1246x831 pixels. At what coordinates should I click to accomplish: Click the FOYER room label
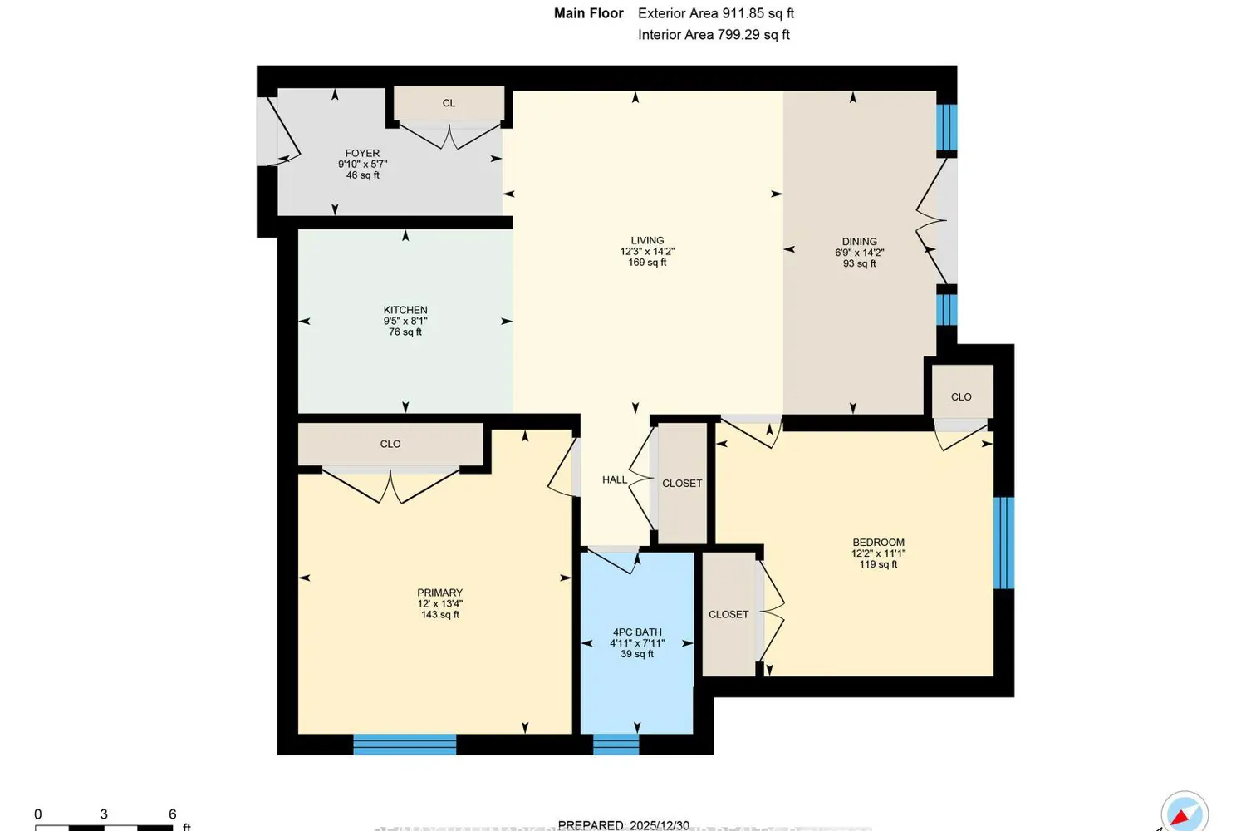tap(362, 154)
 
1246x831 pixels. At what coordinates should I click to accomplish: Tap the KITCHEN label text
tap(405, 310)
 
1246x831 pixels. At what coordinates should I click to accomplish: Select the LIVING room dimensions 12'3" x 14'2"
tap(647, 252)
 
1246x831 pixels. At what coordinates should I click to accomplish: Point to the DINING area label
tap(859, 242)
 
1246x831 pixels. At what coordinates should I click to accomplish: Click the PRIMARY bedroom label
tap(439, 593)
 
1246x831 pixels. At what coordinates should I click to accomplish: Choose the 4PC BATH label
tap(637, 632)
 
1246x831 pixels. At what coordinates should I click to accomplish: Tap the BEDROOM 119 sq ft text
tap(878, 564)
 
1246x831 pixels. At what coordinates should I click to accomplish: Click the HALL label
tap(615, 480)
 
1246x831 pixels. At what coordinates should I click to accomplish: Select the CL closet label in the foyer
tap(449, 104)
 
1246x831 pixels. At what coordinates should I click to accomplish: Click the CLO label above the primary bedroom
tap(390, 445)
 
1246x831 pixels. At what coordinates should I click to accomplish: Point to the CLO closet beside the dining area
tap(961, 397)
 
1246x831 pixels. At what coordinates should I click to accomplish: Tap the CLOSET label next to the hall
tap(682, 484)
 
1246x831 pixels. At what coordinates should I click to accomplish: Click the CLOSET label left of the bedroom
tap(728, 615)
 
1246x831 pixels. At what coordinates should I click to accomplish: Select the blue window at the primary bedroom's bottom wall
tap(405, 744)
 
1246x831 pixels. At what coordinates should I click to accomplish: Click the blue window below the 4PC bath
tap(616, 744)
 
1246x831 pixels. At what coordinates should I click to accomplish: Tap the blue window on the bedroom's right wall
tap(1003, 543)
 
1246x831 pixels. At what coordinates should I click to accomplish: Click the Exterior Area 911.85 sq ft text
tap(716, 14)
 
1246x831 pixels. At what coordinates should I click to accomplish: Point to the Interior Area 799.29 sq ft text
tap(714, 35)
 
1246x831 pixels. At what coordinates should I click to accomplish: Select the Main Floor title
tap(588, 14)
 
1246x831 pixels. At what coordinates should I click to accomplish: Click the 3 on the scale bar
tap(104, 814)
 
